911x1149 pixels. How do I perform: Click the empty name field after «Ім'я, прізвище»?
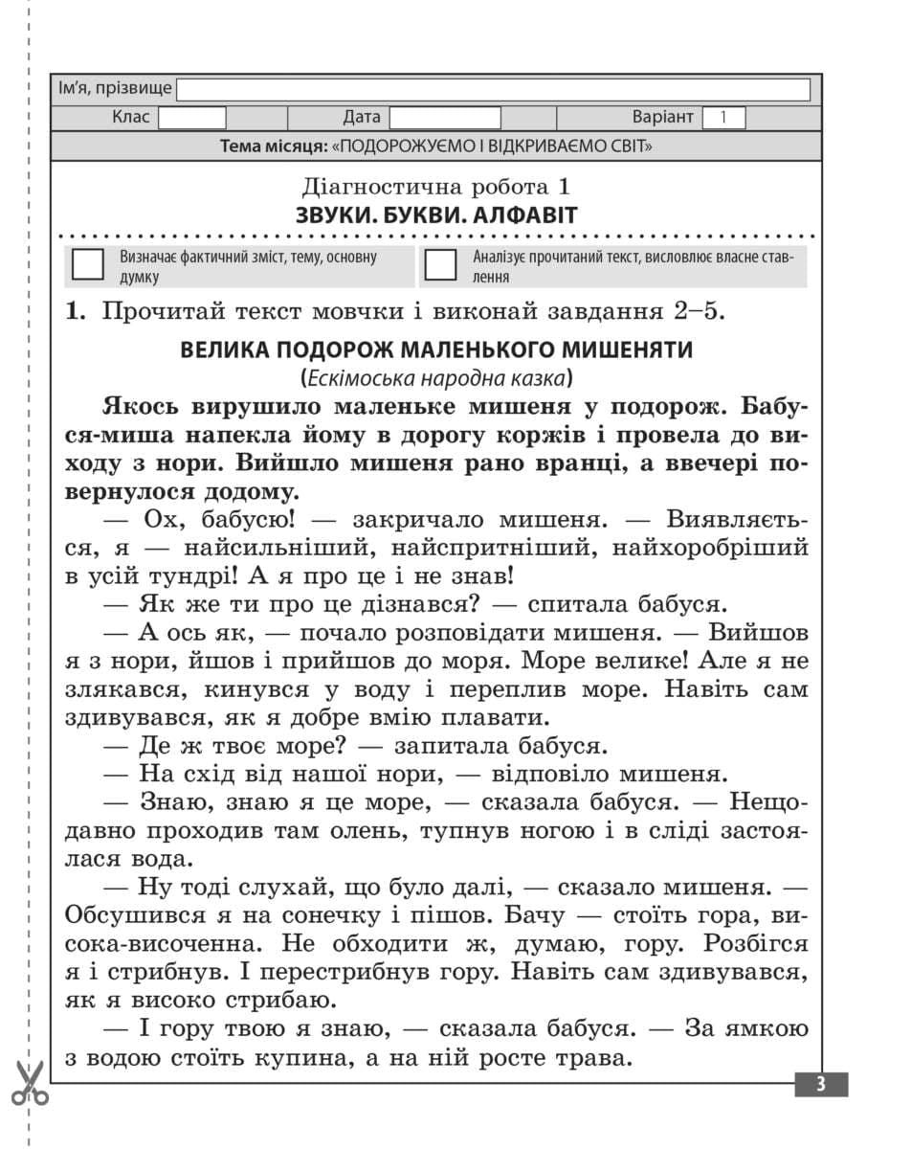[x=493, y=89]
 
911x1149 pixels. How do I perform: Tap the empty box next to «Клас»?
[x=191, y=118]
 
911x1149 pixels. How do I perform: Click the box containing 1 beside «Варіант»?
[x=723, y=118]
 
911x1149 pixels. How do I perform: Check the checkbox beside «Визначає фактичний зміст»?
[x=88, y=265]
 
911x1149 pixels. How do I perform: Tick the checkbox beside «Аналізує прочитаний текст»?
[x=440, y=265]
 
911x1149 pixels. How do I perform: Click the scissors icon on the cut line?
[x=31, y=1082]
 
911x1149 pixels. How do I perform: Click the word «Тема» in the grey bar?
[x=241, y=146]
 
